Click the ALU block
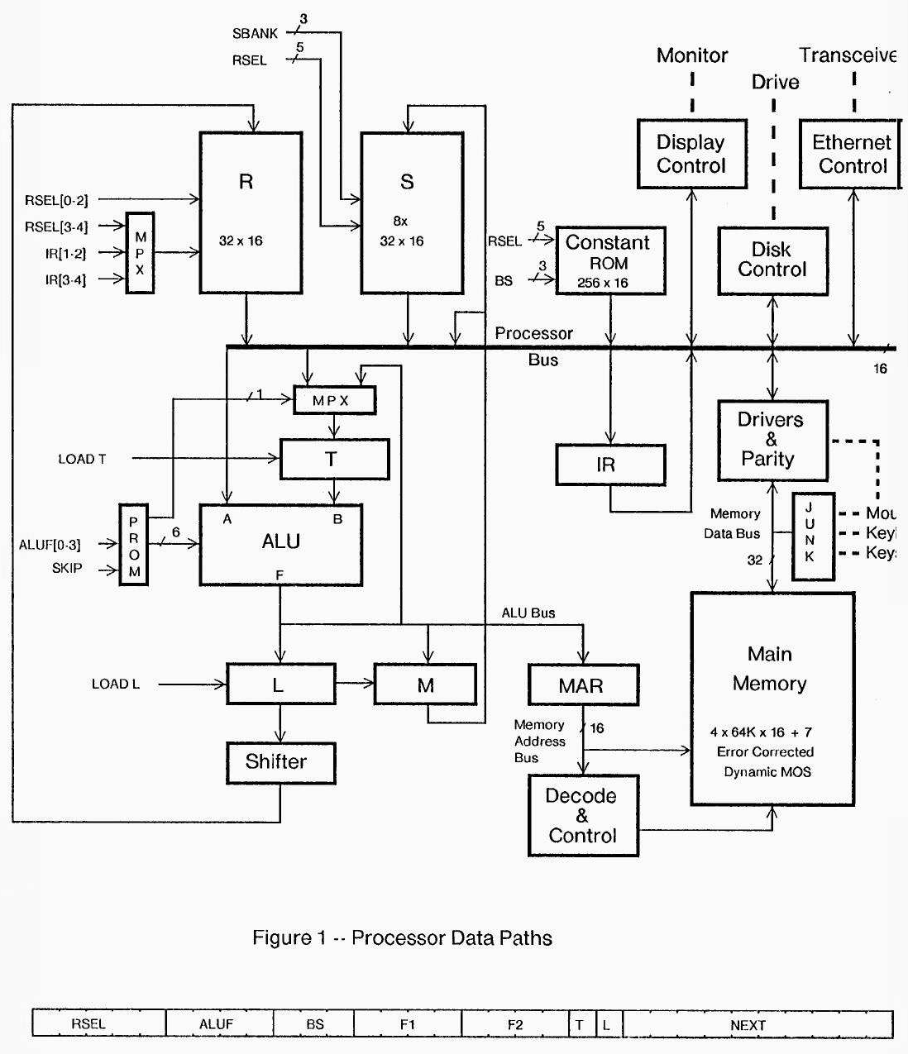280,545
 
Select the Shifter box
281,762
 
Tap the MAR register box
583,685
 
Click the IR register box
610,465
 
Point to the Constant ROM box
610,261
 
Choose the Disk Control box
772,260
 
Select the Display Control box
692,154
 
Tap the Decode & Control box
583,815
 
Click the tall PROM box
134,546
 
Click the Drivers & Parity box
772,440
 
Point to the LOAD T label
82,459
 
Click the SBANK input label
255,34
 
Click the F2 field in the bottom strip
515,1025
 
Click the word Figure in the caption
279,938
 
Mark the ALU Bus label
528,613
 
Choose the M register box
426,684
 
